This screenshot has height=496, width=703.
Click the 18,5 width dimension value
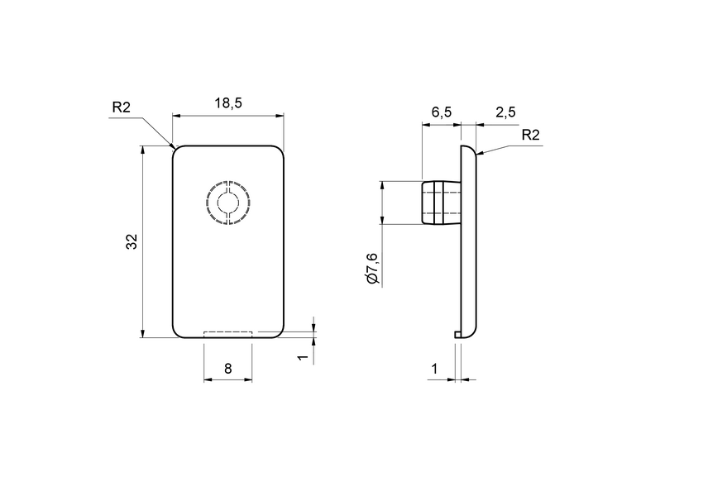[227, 103]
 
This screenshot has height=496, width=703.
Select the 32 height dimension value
[131, 241]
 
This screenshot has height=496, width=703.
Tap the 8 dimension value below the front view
[227, 370]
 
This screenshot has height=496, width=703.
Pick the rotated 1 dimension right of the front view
[303, 357]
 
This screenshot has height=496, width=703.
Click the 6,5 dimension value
[441, 112]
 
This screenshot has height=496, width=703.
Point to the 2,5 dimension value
[505, 112]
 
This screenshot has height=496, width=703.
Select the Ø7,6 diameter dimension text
[372, 268]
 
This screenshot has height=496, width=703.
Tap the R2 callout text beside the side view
[530, 136]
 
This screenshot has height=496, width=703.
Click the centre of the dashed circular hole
[227, 202]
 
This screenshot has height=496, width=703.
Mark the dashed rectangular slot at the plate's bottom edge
[227, 334]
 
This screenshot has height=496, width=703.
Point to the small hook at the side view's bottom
[457, 333]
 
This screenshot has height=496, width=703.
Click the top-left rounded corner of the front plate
[175, 150]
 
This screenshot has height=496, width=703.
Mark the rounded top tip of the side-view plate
[469, 149]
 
